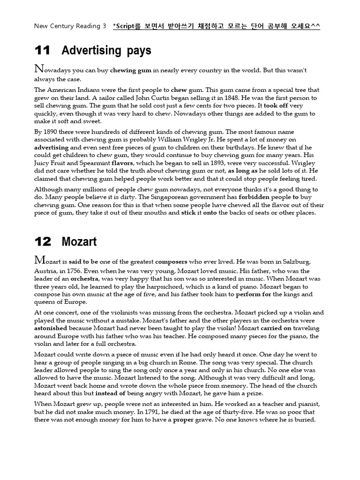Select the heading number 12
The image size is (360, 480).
pyautogui.click(x=43, y=241)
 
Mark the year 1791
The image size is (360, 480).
pyautogui.click(x=146, y=412)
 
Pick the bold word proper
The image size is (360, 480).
pyautogui.click(x=184, y=420)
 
